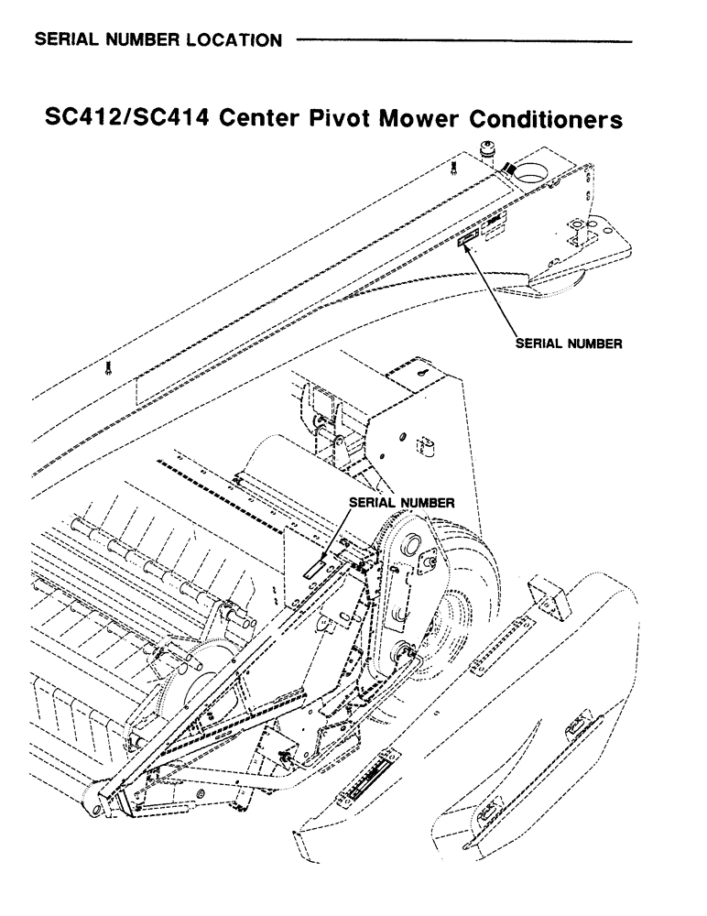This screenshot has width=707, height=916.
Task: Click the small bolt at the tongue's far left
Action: coord(108,368)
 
